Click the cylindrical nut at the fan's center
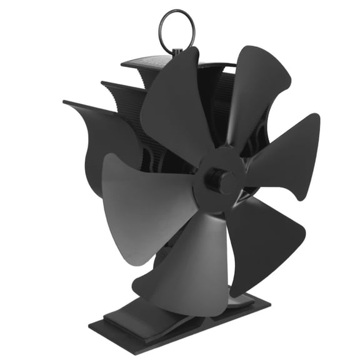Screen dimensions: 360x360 click(x=224, y=182)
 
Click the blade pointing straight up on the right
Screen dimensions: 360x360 click(x=257, y=87)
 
